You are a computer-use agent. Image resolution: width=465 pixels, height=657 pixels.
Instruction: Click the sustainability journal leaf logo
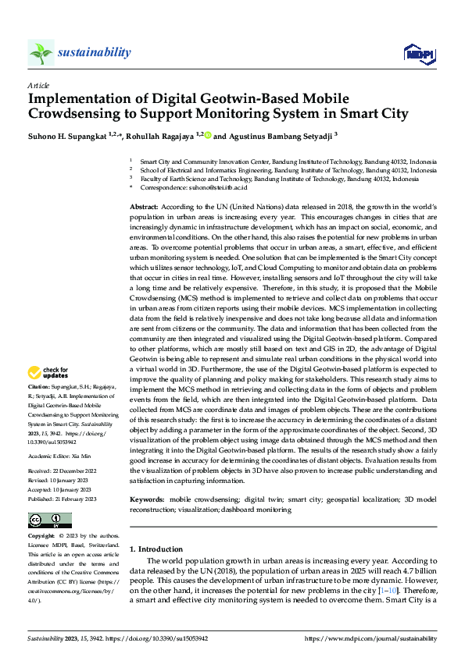41,52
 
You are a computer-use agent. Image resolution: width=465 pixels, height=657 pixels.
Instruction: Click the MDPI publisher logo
418,52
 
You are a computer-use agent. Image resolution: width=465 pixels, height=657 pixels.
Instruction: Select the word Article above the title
38,85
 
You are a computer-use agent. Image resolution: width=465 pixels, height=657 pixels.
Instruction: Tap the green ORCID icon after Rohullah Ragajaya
208,135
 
